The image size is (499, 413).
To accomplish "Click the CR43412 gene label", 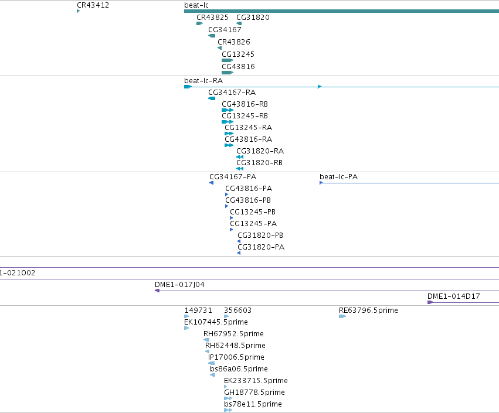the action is (x=93, y=5).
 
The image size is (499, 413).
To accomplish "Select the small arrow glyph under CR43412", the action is (x=79, y=11).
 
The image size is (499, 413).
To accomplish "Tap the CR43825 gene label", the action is (x=212, y=18).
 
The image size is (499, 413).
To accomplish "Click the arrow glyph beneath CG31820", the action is (x=239, y=23).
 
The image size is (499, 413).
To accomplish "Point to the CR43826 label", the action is (x=234, y=42).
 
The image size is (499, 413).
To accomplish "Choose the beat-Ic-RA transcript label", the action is (x=203, y=81).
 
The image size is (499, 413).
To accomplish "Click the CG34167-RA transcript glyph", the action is (x=212, y=98).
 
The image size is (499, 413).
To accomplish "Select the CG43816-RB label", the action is (x=245, y=104).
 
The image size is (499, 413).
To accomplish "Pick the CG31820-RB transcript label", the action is (x=259, y=163).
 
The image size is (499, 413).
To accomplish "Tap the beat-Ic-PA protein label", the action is (x=338, y=177).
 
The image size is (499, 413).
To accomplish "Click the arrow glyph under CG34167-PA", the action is (x=211, y=183).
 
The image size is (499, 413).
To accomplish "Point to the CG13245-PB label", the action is (x=253, y=212).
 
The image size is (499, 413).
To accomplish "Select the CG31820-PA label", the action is (x=261, y=247).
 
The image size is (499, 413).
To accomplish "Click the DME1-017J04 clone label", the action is (x=179, y=285).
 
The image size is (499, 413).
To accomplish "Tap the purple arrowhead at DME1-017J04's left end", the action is (x=157, y=291).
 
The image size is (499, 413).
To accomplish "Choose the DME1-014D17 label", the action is (x=453, y=296).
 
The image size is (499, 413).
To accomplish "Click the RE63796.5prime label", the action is (x=368, y=310).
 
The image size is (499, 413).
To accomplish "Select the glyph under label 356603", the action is (x=226, y=316).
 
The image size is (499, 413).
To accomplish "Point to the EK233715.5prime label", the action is (x=256, y=381).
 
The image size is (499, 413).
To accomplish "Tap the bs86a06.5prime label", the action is (x=239, y=369).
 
